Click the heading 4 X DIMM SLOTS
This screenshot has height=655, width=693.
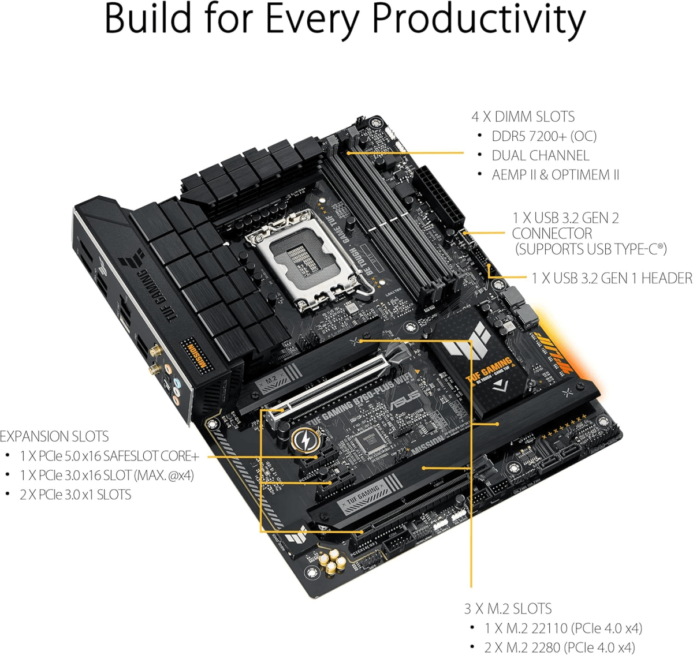pyautogui.click(x=523, y=117)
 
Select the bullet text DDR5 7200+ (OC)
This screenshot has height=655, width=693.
pyautogui.click(x=543, y=136)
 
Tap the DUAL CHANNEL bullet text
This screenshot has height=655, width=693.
pyautogui.click(x=540, y=155)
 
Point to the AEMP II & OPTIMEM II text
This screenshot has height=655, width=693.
pyautogui.click(x=555, y=174)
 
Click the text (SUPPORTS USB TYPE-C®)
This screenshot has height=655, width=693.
pyautogui.click(x=590, y=249)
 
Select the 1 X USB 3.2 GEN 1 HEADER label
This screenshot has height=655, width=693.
pyautogui.click(x=612, y=278)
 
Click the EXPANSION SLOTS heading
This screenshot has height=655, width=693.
pyautogui.click(x=54, y=436)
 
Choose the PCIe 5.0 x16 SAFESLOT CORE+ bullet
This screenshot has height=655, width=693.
pyautogui.click(x=109, y=456)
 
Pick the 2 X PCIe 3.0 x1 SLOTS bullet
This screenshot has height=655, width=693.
pyautogui.click(x=75, y=495)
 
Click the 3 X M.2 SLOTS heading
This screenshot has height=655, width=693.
pyautogui.click(x=508, y=608)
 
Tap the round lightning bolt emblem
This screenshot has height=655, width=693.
pyautogui.click(x=302, y=440)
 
